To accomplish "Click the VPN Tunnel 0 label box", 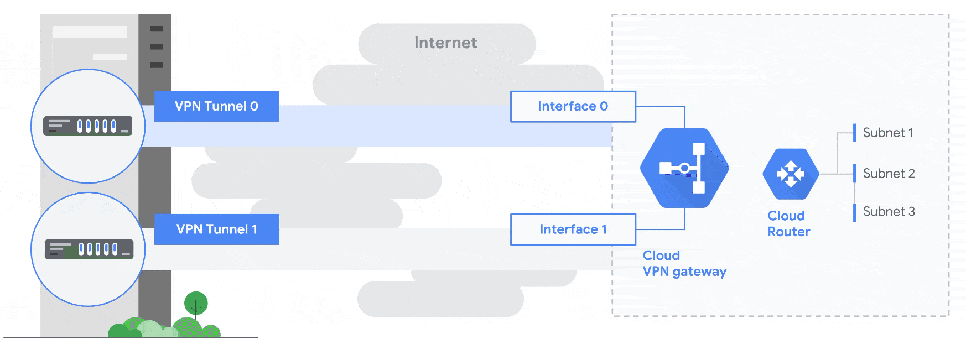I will click(x=216, y=106).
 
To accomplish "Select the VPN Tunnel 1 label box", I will click(x=216, y=229).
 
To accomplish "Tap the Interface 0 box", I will click(x=573, y=106).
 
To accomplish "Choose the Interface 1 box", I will click(x=573, y=229).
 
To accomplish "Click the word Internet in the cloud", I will click(x=445, y=43).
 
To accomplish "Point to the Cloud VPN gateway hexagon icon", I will click(x=684, y=168).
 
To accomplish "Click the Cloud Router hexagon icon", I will click(x=791, y=174).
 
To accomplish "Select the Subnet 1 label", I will click(x=888, y=133).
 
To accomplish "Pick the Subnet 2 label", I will click(x=889, y=174).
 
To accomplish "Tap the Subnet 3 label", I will click(x=889, y=212).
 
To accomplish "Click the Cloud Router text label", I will click(x=788, y=224).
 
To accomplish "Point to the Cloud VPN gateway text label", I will click(x=684, y=264).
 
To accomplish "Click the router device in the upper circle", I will click(x=88, y=126).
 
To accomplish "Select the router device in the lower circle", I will click(x=89, y=249).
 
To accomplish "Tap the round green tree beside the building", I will click(x=196, y=303).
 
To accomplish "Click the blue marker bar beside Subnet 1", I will click(x=855, y=133).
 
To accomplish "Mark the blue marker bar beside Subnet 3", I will click(x=855, y=212).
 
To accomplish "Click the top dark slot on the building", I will click(x=157, y=28).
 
